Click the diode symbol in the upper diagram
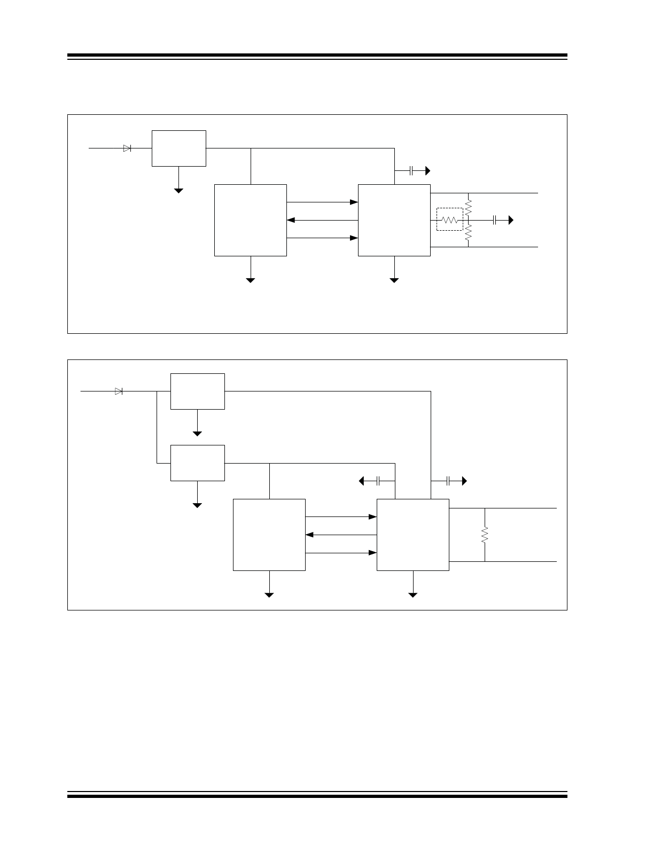coord(127,148)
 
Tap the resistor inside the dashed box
coord(449,220)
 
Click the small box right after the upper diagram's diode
coord(179,148)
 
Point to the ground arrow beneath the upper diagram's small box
coord(179,190)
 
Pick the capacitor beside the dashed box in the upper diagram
coord(495,220)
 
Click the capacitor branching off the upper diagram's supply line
coord(411,171)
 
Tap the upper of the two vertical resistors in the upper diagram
coord(468,207)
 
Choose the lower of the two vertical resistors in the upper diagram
coord(468,233)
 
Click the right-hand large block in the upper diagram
coord(394,220)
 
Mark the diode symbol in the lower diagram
coord(119,391)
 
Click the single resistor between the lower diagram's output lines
coord(485,535)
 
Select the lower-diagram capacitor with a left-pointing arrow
coord(378,481)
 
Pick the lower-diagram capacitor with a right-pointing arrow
coord(449,481)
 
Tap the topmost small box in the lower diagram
coord(198,391)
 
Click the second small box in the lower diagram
coord(198,463)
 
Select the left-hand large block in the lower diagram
coord(269,535)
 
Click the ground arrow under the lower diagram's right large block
coord(413,593)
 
